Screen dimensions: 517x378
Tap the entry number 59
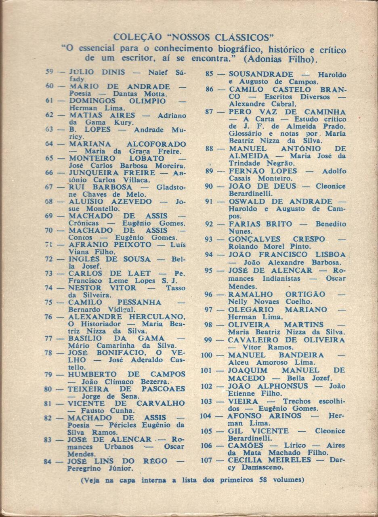click(x=50, y=72)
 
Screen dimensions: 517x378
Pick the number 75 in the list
click(x=49, y=302)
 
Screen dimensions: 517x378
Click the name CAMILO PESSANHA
click(x=115, y=302)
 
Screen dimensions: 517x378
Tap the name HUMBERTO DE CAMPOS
click(x=126, y=374)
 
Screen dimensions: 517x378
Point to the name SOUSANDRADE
click(x=261, y=74)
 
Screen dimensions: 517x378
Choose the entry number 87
click(x=209, y=111)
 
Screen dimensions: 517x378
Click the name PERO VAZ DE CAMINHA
click(x=287, y=111)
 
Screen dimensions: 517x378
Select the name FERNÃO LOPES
click(x=262, y=171)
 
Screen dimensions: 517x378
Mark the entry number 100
click(x=206, y=355)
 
